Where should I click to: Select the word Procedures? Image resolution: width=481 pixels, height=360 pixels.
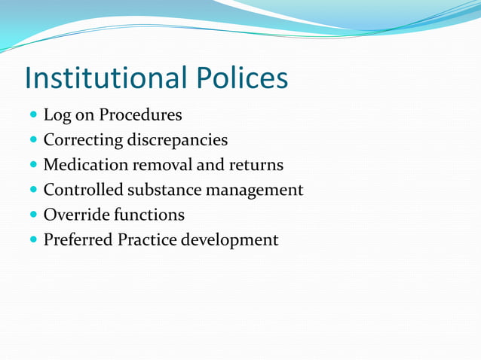141,115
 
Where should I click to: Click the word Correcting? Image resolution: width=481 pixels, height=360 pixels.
82,140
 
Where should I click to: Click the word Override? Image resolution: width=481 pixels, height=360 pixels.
75,215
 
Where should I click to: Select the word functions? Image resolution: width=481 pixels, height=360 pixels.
149,215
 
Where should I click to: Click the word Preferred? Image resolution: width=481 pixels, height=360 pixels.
78,239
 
